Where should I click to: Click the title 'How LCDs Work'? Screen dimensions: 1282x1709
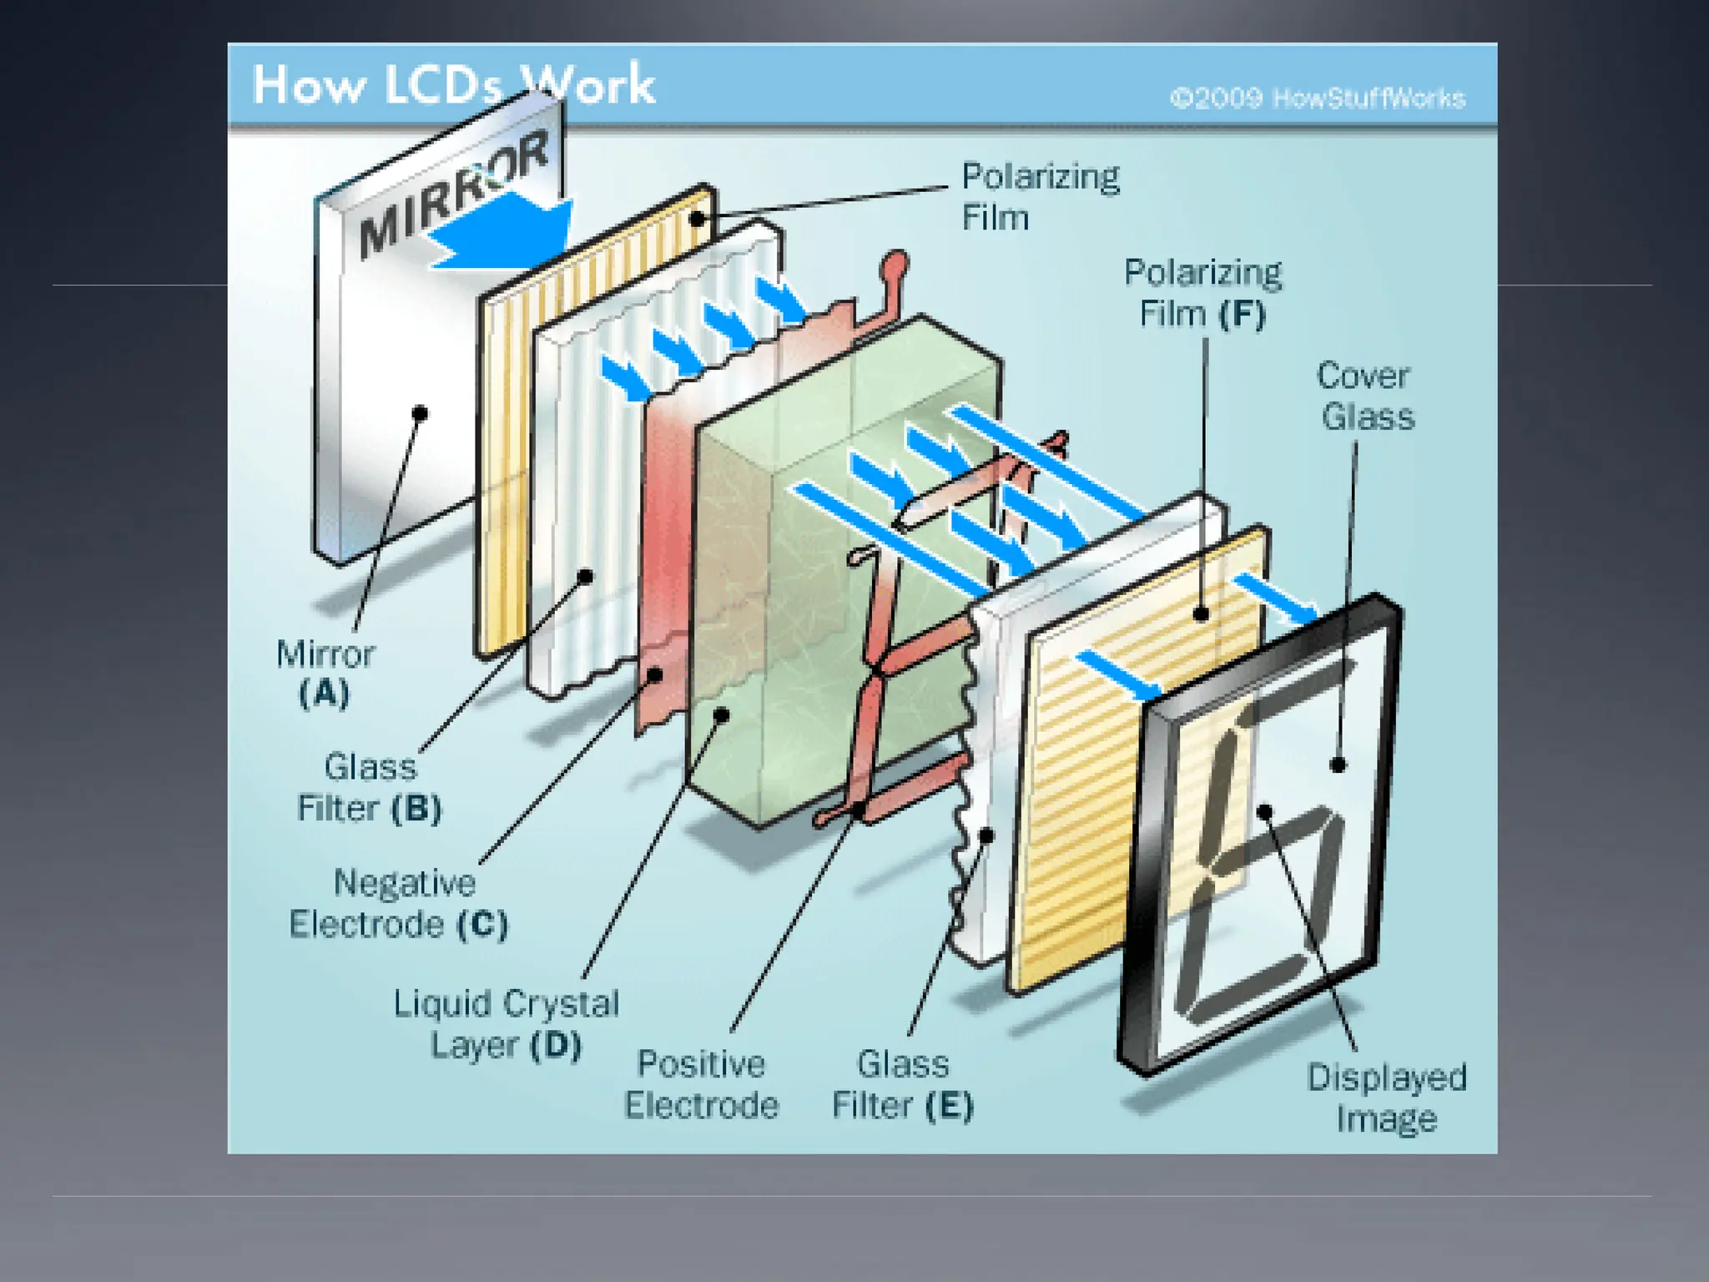point(453,85)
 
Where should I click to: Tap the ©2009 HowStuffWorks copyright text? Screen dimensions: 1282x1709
point(1318,98)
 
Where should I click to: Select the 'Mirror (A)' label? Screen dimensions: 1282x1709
point(325,674)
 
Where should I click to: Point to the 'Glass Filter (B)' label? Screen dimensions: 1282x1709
point(370,787)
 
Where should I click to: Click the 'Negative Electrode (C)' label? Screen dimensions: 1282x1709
point(399,904)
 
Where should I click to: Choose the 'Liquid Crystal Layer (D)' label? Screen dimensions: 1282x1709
point(506,1024)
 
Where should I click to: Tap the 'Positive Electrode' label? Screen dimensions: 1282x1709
point(701,1084)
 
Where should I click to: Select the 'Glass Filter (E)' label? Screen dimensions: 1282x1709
point(903,1084)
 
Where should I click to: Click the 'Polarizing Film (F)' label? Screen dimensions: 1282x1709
point(1202,294)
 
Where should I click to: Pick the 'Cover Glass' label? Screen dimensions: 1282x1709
point(1365,396)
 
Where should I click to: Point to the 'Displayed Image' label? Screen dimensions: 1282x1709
point(1386,1098)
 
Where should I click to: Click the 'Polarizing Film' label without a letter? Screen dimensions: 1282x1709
point(1040,197)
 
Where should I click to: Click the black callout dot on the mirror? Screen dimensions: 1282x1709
point(421,413)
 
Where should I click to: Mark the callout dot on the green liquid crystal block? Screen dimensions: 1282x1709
point(723,714)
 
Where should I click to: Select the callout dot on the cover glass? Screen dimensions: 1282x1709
point(1338,764)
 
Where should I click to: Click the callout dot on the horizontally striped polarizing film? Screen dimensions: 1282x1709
point(1202,614)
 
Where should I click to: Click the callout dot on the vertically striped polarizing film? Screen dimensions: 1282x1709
point(698,220)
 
